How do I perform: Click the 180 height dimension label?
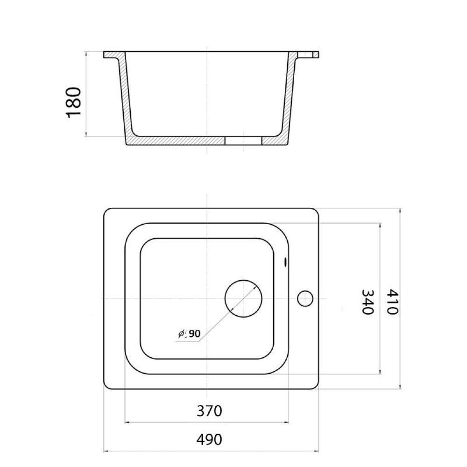point(73,102)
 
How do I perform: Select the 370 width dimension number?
point(209,411)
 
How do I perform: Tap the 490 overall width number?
point(209,439)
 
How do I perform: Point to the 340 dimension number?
point(368,302)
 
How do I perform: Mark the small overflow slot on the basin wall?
point(285,262)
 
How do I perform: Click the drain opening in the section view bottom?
point(243,141)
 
